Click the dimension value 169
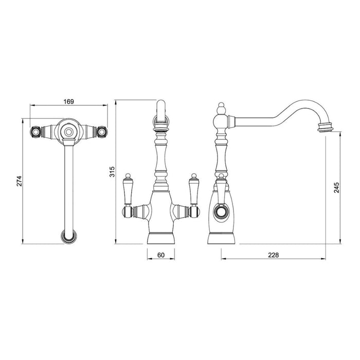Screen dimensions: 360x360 pyautogui.click(x=68, y=101)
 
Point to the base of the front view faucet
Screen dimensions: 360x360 pyautogui.click(x=161, y=238)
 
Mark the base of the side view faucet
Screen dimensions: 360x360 pyautogui.click(x=222, y=238)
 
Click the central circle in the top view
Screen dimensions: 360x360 pyautogui.click(x=68, y=132)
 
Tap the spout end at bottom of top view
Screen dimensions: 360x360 pyautogui.click(x=68, y=237)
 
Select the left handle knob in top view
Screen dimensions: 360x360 pyautogui.click(x=37, y=132)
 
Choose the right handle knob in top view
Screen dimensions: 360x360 pyautogui.click(x=101, y=132)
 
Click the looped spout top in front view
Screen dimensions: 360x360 pyautogui.click(x=161, y=114)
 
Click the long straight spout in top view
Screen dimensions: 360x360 pyautogui.click(x=68, y=185)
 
